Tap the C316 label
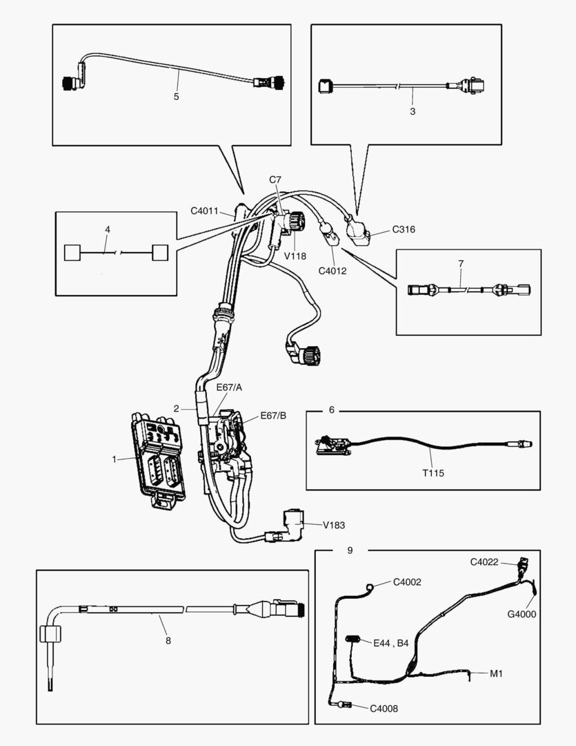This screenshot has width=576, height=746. click(x=404, y=229)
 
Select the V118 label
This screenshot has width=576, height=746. click(x=296, y=256)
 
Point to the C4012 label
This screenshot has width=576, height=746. click(x=332, y=271)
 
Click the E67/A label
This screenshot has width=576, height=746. click(x=228, y=388)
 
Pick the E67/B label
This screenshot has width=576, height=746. click(x=273, y=416)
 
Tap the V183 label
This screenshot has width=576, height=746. click(x=335, y=525)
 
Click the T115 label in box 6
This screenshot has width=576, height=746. click(x=434, y=473)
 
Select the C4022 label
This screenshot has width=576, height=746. click(x=484, y=562)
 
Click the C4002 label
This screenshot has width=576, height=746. click(x=407, y=582)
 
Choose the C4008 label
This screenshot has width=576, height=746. click(x=384, y=708)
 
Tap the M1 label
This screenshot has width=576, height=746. click(x=496, y=673)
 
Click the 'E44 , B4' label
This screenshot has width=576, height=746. click(x=391, y=643)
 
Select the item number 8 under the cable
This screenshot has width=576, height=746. click(x=168, y=640)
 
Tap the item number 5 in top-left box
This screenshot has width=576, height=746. click(x=176, y=97)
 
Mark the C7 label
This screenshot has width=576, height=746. click(x=275, y=180)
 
